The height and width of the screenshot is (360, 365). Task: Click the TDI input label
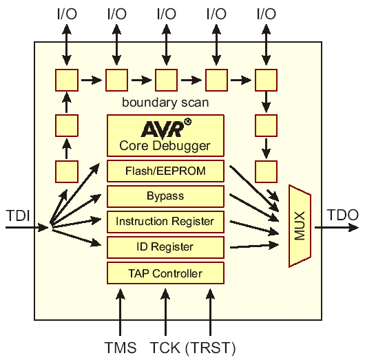click(x=19, y=215)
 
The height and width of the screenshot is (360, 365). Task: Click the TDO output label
click(x=343, y=215)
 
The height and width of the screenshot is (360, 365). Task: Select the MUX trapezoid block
click(x=300, y=226)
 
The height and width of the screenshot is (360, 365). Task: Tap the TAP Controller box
click(x=165, y=273)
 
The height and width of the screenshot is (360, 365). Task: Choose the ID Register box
click(x=165, y=247)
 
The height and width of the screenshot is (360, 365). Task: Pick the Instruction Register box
click(x=165, y=222)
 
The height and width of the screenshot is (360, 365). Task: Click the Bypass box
click(x=165, y=196)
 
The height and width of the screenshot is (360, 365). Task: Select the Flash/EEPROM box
click(x=165, y=171)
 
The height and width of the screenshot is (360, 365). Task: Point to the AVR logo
click(x=166, y=128)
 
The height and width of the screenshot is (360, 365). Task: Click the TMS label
click(x=120, y=348)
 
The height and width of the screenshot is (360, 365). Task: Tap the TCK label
click(x=165, y=348)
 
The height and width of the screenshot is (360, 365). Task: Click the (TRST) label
click(x=211, y=348)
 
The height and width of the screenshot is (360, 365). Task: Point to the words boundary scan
click(x=165, y=103)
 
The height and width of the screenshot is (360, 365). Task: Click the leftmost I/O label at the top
click(x=67, y=14)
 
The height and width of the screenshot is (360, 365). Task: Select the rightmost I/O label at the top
click(x=267, y=14)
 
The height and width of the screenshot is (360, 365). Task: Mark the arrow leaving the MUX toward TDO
click(x=337, y=227)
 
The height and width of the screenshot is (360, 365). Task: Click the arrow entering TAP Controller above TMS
click(x=120, y=312)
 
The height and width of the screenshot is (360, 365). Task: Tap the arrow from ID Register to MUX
click(x=254, y=246)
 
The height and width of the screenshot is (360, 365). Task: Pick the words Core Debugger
click(x=165, y=146)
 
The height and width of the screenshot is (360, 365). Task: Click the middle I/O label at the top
click(x=167, y=14)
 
